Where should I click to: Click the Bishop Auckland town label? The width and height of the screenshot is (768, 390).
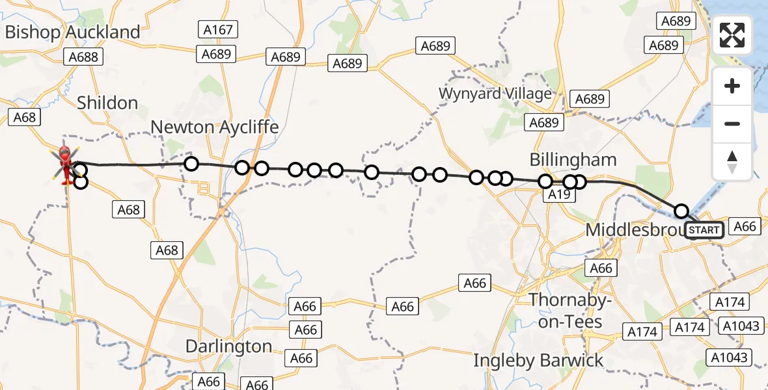pos(72,32)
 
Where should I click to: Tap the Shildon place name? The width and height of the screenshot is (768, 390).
pos(107,103)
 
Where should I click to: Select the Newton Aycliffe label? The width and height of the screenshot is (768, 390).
pos(215,127)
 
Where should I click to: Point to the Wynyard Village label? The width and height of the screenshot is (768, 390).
pos(495,93)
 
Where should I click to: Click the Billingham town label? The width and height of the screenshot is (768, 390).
pos(573,159)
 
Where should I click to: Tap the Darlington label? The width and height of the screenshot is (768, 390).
pos(228,346)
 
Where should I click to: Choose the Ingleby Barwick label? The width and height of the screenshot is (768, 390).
pos(538,360)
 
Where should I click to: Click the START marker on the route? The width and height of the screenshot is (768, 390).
pos(704,230)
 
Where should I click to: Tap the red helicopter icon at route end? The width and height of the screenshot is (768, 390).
pos(65,162)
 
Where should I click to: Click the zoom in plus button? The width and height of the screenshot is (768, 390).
pos(732,86)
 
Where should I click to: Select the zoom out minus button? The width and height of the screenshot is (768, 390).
pos(732,123)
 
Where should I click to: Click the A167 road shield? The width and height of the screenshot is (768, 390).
pos(218,29)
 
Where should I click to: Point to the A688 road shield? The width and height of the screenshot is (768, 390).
pos(83,57)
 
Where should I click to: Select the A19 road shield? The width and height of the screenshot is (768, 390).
pos(559,194)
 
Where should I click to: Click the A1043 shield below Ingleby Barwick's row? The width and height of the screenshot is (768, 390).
pos(731,357)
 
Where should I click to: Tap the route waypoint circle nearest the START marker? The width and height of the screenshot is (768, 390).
pos(681,211)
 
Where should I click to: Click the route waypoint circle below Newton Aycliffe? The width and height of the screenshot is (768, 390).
pos(191,164)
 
